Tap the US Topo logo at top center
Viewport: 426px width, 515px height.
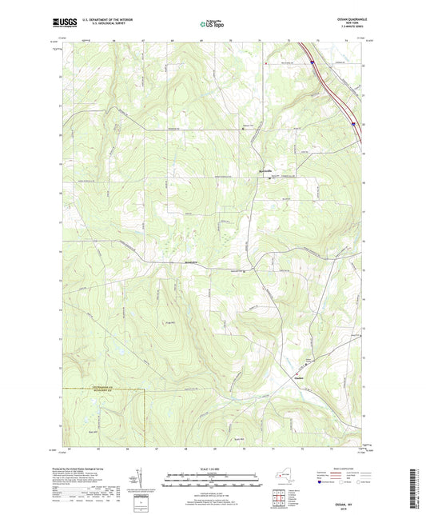(211, 25)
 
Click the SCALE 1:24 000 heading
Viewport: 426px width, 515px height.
(211, 468)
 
